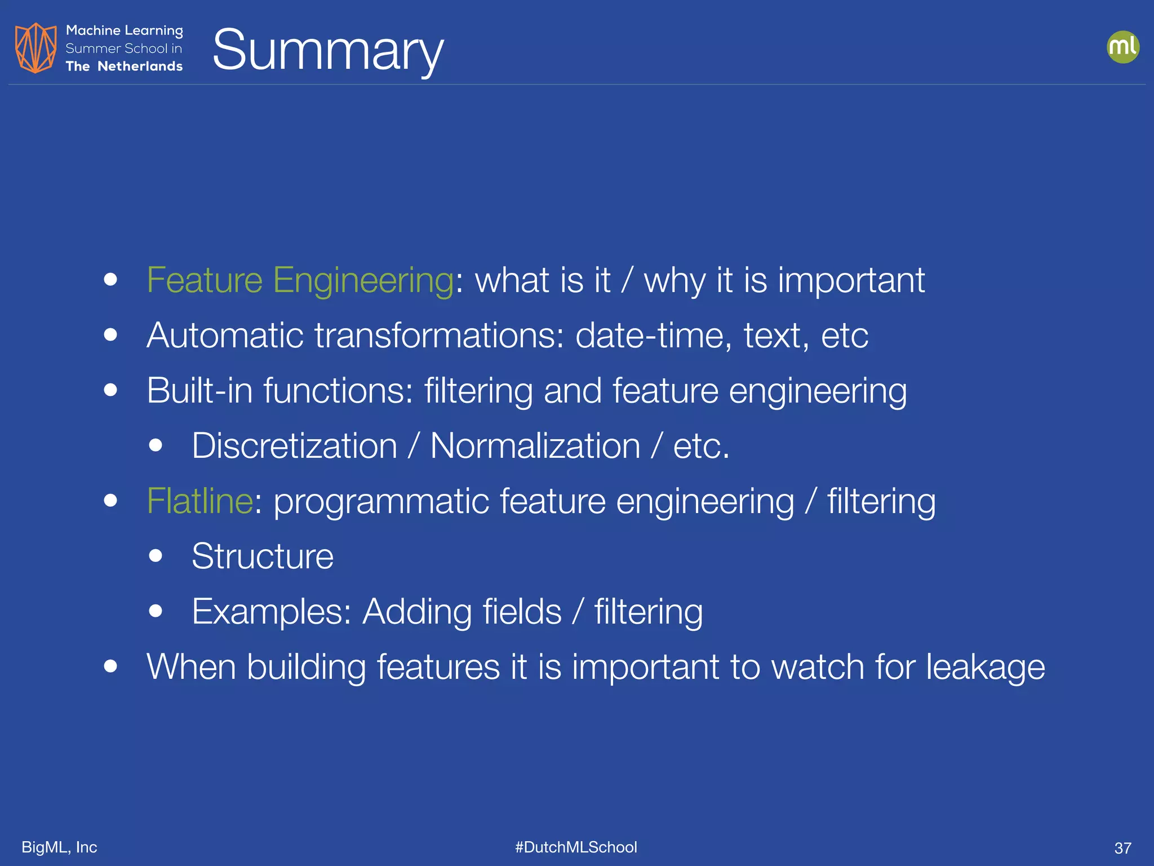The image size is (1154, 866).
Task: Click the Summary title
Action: pyautogui.click(x=328, y=51)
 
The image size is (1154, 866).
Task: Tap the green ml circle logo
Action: pyautogui.click(x=1122, y=47)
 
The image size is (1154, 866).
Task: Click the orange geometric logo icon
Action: pyautogui.click(x=35, y=48)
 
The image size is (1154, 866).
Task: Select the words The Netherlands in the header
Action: pyautogui.click(x=124, y=67)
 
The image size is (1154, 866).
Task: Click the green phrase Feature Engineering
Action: pyautogui.click(x=300, y=280)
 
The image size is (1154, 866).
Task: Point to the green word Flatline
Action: pyautogui.click(x=199, y=501)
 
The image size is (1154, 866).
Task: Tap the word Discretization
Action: pyautogui.click(x=294, y=446)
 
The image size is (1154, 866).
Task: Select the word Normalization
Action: pyautogui.click(x=535, y=446)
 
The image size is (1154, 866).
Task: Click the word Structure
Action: pyautogui.click(x=263, y=556)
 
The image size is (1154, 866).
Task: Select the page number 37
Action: pyautogui.click(x=1122, y=848)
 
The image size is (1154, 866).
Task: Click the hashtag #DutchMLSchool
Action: pyautogui.click(x=576, y=847)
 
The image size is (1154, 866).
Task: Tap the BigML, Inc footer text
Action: pyautogui.click(x=59, y=847)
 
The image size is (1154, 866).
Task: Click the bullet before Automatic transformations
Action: pyautogui.click(x=110, y=335)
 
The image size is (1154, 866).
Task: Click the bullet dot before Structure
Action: pyautogui.click(x=156, y=556)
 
